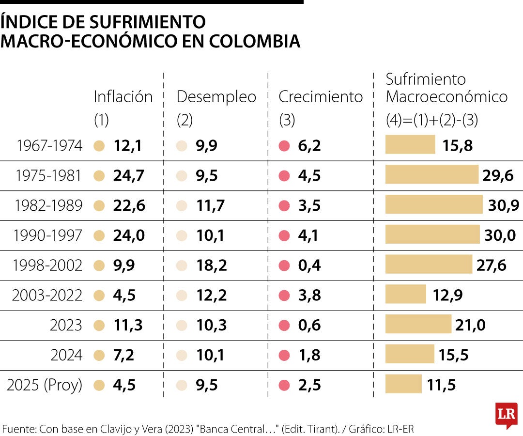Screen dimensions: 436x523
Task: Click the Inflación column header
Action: pyautogui.click(x=123, y=97)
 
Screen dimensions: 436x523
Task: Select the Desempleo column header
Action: pyautogui.click(x=216, y=97)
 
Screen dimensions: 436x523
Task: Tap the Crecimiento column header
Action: pyautogui.click(x=321, y=97)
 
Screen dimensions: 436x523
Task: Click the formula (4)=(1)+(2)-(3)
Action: pyautogui.click(x=431, y=120)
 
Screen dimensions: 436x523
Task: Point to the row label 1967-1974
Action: pyautogui.click(x=49, y=146)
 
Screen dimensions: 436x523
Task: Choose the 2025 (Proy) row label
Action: pyautogui.click(x=45, y=385)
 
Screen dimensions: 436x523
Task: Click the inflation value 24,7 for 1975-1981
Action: pyautogui.click(x=129, y=176)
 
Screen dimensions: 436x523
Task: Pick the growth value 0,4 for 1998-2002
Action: pyautogui.click(x=309, y=265)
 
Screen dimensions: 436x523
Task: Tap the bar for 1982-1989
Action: pyautogui.click(x=434, y=205)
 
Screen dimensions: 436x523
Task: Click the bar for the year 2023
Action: pyautogui.click(x=418, y=325)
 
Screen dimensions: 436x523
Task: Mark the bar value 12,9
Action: pyautogui.click(x=447, y=295)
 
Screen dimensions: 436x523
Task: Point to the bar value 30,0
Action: pyautogui.click(x=500, y=235)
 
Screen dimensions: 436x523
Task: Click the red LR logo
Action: pyautogui.click(x=506, y=415)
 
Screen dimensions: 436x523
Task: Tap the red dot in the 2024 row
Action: pyautogui.click(x=284, y=356)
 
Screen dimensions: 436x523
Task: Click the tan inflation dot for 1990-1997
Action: pyautogui.click(x=99, y=236)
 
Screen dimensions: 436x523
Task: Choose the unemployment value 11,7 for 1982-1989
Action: pyautogui.click(x=211, y=206)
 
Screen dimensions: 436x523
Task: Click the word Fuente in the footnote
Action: pyautogui.click(x=19, y=429)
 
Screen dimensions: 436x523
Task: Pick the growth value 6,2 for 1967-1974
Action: pyautogui.click(x=309, y=146)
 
